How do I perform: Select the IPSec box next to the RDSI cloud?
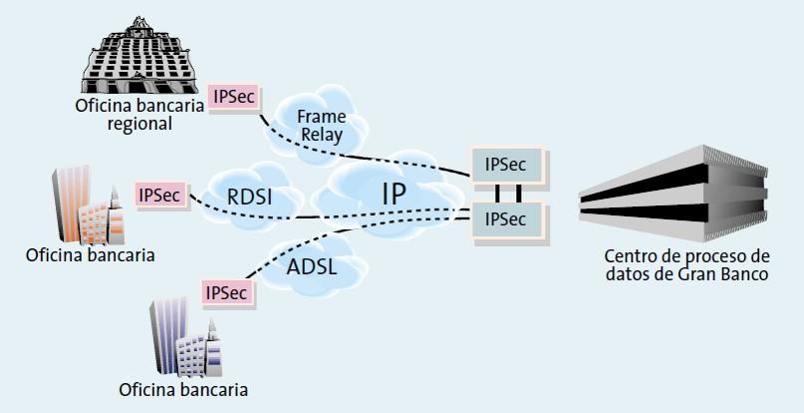point(159,194)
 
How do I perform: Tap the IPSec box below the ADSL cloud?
point(229,292)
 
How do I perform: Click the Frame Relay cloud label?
point(321,127)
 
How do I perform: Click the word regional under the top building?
point(142,125)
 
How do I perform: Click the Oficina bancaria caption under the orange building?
point(91,254)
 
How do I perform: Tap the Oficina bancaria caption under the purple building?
point(183,389)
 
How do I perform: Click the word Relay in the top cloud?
point(321,136)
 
